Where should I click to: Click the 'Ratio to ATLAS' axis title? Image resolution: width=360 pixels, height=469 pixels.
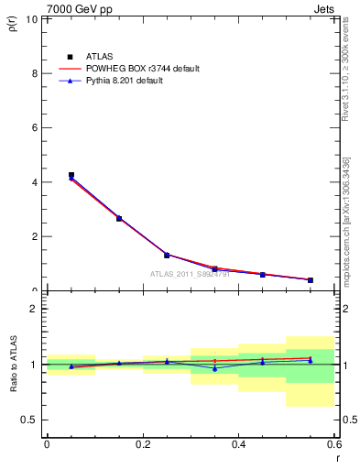[13, 364]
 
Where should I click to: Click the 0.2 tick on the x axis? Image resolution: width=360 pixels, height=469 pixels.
[143, 444]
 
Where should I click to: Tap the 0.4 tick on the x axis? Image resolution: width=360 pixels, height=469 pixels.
[239, 444]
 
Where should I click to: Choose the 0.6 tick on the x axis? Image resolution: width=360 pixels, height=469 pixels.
[333, 444]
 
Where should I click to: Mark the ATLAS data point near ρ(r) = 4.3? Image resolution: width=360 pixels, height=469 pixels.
[71, 175]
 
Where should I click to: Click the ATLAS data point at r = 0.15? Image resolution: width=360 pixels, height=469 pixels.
[119, 218]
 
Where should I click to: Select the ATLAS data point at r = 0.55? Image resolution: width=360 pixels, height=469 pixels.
[311, 280]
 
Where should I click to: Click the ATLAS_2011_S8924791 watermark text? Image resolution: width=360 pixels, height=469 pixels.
[190, 273]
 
